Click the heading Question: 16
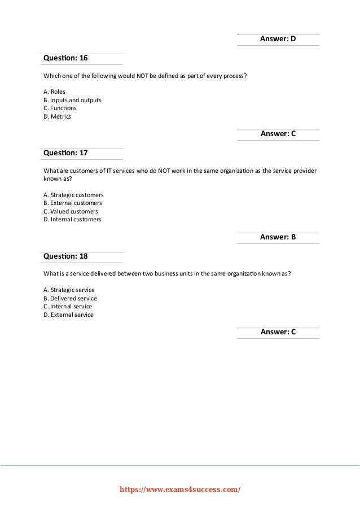pyautogui.click(x=65, y=58)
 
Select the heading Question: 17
pyautogui.click(x=65, y=153)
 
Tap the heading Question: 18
pyautogui.click(x=65, y=256)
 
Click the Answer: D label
pyautogui.click(x=278, y=39)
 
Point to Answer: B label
pyautogui.click(x=278, y=238)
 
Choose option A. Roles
pyautogui.click(x=54, y=91)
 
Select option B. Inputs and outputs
pyautogui.click(x=72, y=100)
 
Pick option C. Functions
pyautogui.click(x=60, y=108)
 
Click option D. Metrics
pyautogui.click(x=58, y=117)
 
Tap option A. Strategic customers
pyautogui.click(x=73, y=194)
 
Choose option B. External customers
pyautogui.click(x=73, y=203)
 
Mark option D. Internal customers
pyautogui.click(x=72, y=220)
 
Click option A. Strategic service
pyautogui.click(x=69, y=290)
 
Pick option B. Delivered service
pyautogui.click(x=70, y=298)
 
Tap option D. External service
pyautogui.click(x=68, y=315)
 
